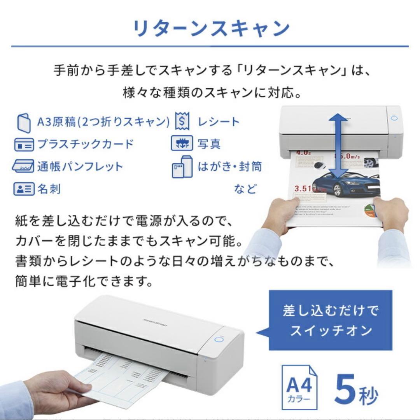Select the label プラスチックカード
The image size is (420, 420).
[x=85, y=144]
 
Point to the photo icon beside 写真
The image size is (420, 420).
[x=182, y=144]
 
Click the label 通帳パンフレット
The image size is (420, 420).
[x=80, y=166]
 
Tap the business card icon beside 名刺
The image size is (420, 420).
[x=24, y=189]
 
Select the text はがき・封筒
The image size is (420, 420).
[x=229, y=166]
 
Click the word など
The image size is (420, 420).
[x=245, y=189]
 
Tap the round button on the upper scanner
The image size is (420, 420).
[x=394, y=118]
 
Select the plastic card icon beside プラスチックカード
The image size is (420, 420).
[x=24, y=145]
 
